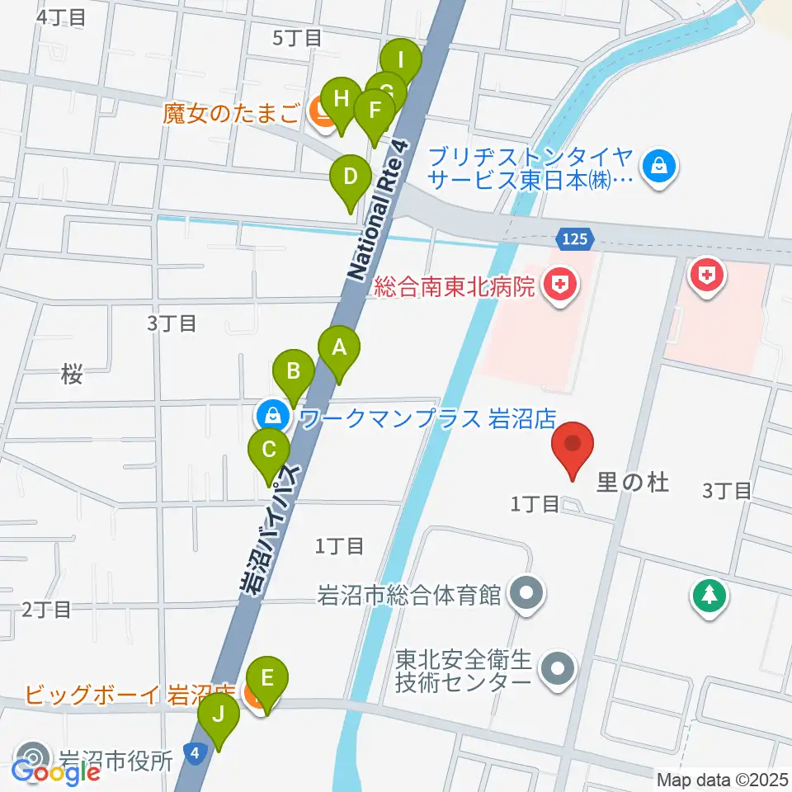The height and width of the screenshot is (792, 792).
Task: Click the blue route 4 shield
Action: [x=193, y=752]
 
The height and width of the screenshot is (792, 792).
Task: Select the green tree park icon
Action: [x=709, y=595]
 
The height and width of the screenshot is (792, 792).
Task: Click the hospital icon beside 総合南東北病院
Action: [x=560, y=286]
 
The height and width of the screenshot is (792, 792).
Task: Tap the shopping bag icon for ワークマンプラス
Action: [x=272, y=414]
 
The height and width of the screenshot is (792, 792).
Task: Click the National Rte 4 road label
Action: [x=378, y=210]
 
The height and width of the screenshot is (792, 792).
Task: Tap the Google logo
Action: [x=55, y=772]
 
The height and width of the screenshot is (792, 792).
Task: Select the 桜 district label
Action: [x=72, y=375]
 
